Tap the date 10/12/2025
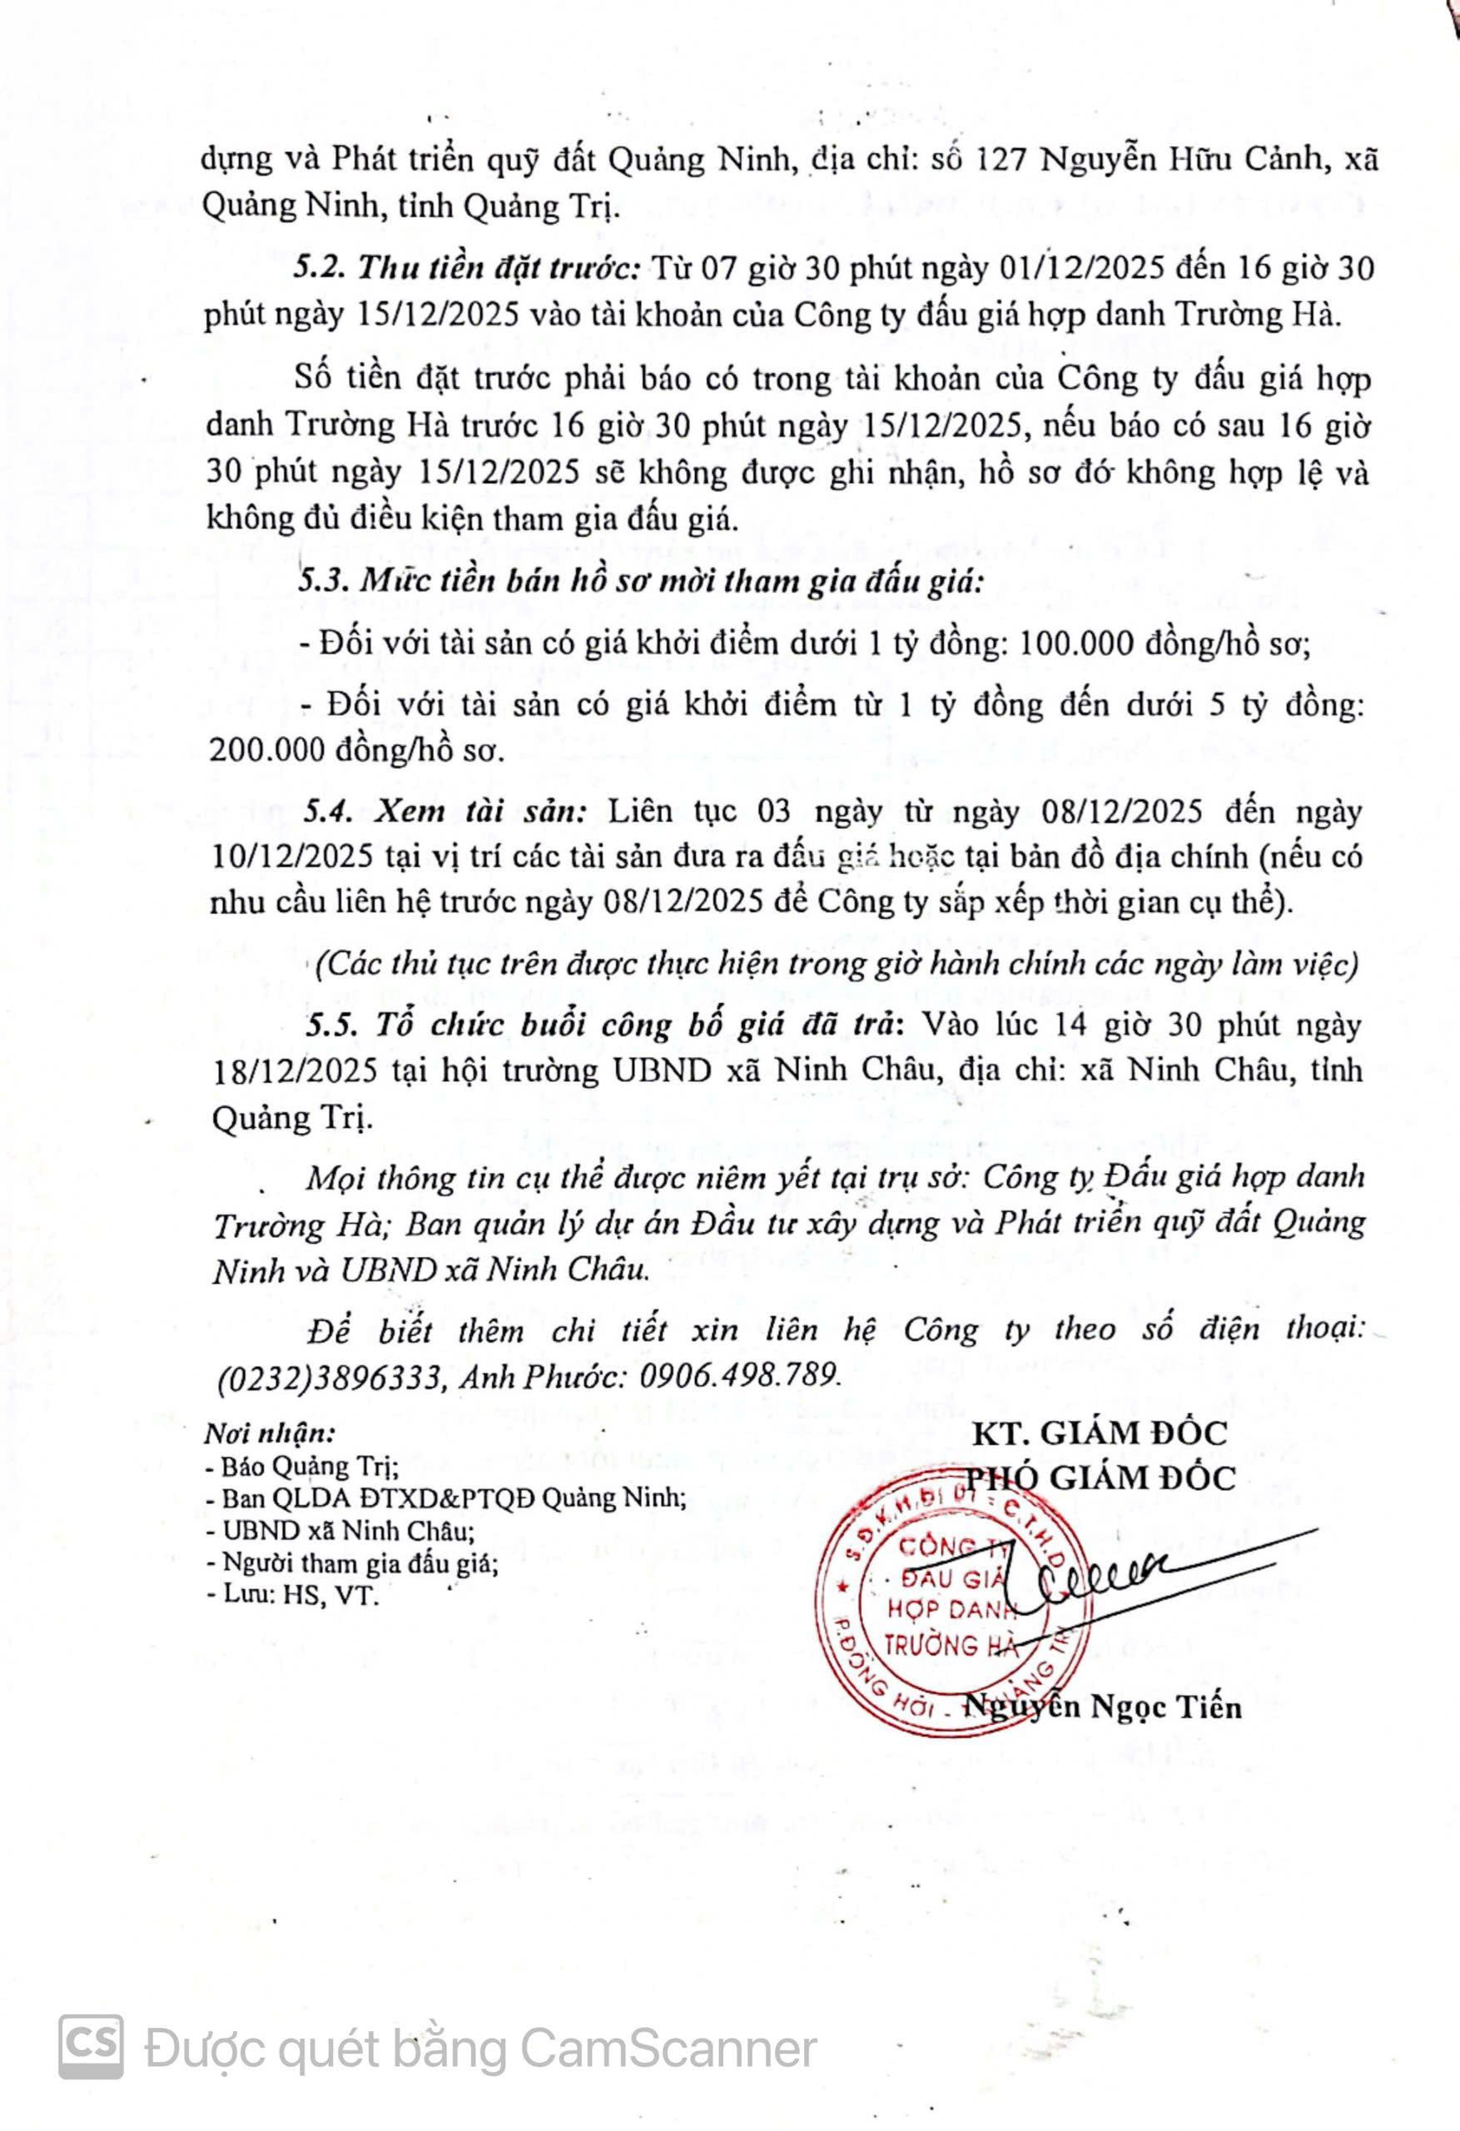point(291,857)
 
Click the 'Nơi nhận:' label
point(269,1433)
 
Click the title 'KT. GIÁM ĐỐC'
point(1099,1433)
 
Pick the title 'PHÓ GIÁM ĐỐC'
point(1100,1478)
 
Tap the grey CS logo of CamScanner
point(91,2048)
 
